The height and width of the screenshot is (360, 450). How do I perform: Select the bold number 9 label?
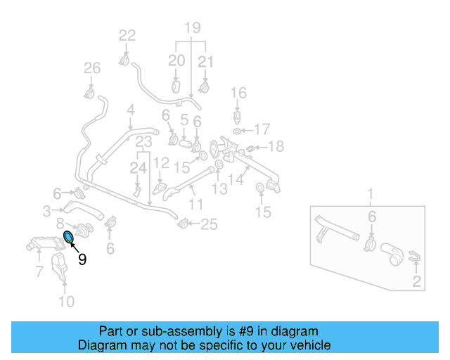pos(82,259)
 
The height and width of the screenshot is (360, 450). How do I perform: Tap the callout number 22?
pos(127,35)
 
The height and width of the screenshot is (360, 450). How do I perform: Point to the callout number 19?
pos(192,28)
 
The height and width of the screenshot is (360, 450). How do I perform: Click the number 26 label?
pos(92,68)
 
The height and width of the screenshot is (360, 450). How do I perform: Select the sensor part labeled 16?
pos(239,115)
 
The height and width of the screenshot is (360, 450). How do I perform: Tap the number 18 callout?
pos(276,146)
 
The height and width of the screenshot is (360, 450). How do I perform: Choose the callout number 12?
pos(161,162)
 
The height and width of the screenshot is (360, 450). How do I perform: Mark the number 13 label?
pos(221,188)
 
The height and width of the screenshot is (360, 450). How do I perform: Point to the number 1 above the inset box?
pos(371,193)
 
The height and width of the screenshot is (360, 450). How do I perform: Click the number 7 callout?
pos(37,271)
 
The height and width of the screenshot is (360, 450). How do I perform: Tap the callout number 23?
pos(144,142)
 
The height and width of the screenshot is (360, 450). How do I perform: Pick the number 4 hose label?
pos(130,110)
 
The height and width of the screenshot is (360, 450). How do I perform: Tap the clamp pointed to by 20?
pos(176,87)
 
